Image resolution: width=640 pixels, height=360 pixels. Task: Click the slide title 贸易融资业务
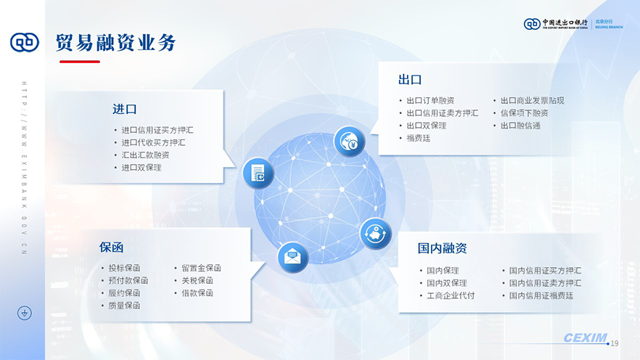pos(115,42)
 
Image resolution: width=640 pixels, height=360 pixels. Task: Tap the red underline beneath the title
pos(80,62)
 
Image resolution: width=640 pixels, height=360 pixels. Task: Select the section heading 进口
pos(125,110)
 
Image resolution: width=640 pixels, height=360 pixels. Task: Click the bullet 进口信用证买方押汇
pos(157,130)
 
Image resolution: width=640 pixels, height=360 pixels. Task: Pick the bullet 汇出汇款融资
pos(145,155)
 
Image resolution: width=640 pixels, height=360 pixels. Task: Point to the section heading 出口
pos(410,80)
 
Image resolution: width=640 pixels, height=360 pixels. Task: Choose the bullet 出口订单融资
pos(430,100)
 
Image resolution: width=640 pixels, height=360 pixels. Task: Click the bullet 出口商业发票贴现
pos(533,100)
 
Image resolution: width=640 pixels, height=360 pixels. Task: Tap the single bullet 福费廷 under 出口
pos(419,138)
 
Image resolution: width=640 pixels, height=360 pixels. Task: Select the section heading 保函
pos(111,247)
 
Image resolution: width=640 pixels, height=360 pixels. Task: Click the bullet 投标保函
pos(125,268)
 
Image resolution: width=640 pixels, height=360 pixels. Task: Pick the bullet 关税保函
pos(197,280)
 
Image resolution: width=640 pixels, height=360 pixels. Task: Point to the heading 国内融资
pos(442,248)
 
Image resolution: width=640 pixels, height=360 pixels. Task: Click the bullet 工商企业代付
pos(451,295)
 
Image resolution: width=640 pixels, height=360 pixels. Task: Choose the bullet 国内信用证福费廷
pos(541,295)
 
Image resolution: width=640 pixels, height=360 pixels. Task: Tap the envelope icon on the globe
pos(292,257)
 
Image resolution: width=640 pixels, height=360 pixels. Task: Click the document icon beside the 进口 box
pos(258,173)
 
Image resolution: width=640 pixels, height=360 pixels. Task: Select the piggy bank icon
pos(376,234)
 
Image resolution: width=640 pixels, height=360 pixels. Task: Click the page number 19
pos(615,344)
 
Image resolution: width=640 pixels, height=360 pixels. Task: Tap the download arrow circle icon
pos(25,313)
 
